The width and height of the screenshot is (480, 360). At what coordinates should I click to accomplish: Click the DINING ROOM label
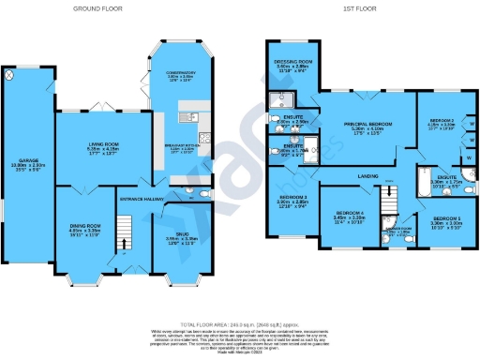click(x=85, y=225)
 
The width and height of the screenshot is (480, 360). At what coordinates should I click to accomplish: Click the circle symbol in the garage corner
click(x=10, y=74)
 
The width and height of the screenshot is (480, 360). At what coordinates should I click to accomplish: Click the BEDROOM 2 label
click(x=442, y=122)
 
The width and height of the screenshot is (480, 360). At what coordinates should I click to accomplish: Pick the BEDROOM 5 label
click(x=444, y=221)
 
